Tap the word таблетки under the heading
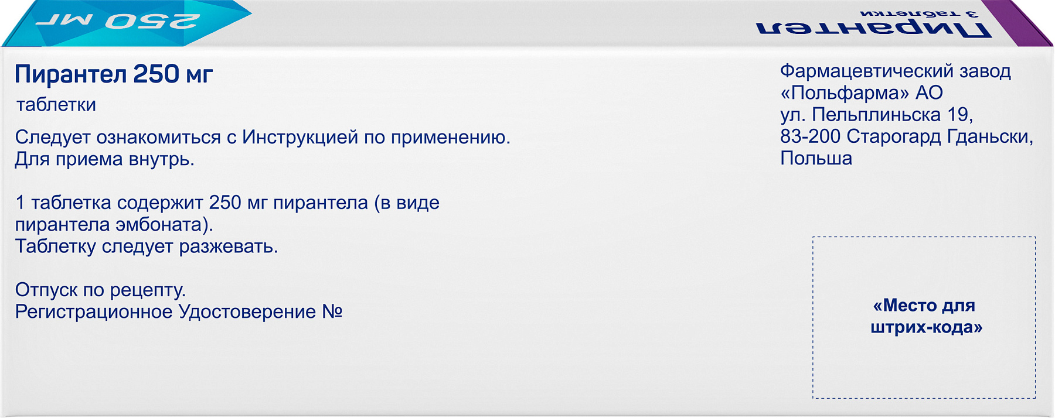click(56, 105)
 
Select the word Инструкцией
click(300, 138)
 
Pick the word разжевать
click(228, 247)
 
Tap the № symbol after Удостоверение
click(332, 311)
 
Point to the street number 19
click(960, 115)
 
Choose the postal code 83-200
click(811, 136)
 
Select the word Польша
click(816, 159)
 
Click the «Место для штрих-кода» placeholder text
click(925, 316)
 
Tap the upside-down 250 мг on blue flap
click(117, 22)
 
